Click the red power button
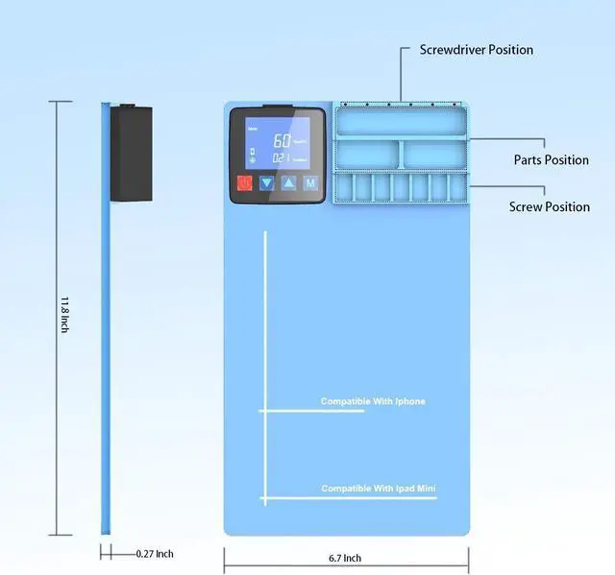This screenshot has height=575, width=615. click(245, 182)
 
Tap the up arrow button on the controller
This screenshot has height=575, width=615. click(288, 182)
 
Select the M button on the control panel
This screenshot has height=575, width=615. click(310, 182)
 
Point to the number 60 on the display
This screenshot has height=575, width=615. click(282, 138)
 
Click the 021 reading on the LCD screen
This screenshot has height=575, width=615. click(281, 157)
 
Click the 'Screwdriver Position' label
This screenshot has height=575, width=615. click(476, 50)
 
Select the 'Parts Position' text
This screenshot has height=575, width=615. click(551, 159)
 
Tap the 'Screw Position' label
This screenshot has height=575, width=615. click(550, 206)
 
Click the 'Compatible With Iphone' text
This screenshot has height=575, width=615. click(372, 401)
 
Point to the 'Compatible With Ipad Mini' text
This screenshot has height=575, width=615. click(378, 489)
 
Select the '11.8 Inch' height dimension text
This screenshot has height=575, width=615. click(63, 316)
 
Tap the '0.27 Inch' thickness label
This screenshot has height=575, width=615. click(154, 554)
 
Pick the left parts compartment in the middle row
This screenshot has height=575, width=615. click(368, 154)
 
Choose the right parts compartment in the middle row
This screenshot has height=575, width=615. click(433, 154)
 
